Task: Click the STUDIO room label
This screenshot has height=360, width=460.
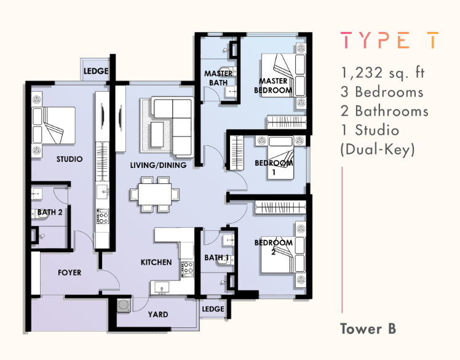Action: coord(69,159)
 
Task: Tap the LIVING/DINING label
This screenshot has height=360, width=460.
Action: coord(159,166)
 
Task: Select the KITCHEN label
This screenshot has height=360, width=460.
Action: coord(156,262)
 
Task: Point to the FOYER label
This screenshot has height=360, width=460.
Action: coord(69,273)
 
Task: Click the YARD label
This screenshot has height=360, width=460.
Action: coord(158,314)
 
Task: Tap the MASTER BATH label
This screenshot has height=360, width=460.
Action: coord(218,78)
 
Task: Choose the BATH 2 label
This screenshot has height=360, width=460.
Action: coord(50,212)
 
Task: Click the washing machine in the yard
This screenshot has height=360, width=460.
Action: coord(124,305)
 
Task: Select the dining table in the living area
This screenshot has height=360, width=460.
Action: coord(155,194)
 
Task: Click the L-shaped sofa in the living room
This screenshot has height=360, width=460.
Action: coord(173,126)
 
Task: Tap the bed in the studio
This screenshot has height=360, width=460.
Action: coord(54,126)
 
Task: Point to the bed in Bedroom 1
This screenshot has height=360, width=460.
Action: coord(280,158)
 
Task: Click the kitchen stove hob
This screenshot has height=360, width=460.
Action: coord(187,269)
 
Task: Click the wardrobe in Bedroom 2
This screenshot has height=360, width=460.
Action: coord(280,207)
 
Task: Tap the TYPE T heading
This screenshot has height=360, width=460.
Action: coord(390,40)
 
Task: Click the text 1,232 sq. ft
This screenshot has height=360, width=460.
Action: coord(383,73)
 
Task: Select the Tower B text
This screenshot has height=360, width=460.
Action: coord(368,329)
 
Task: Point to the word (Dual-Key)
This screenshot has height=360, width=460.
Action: coord(378,150)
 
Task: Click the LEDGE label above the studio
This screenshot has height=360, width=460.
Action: coord(96,71)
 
